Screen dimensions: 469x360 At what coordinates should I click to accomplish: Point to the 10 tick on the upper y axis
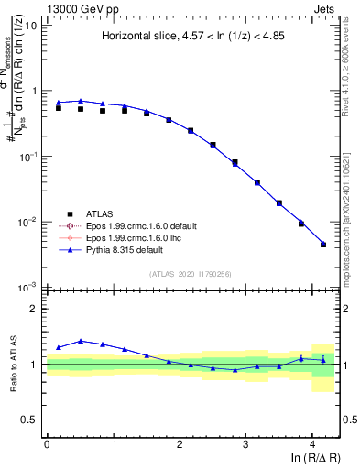(x=31, y=25)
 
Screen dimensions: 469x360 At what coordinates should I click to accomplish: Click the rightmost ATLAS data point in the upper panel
(x=322, y=245)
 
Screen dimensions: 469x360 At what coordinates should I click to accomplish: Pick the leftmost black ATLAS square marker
(x=59, y=108)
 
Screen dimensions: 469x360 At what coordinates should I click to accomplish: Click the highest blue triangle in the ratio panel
(x=81, y=341)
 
